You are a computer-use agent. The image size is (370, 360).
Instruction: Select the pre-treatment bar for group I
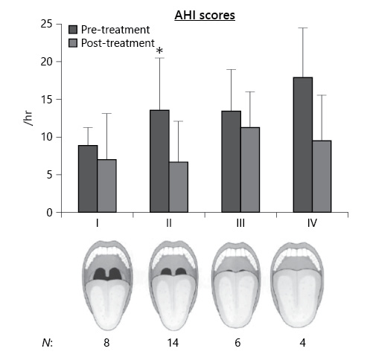(88, 179)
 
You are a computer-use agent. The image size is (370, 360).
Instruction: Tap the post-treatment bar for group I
(106, 186)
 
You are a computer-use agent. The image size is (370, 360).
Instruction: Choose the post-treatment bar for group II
(179, 187)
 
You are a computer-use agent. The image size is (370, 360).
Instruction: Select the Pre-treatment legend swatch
(73, 30)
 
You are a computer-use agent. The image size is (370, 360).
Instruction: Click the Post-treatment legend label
(118, 43)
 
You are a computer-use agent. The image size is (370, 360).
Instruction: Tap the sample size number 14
(168, 342)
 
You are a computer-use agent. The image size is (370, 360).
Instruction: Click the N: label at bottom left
(47, 342)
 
